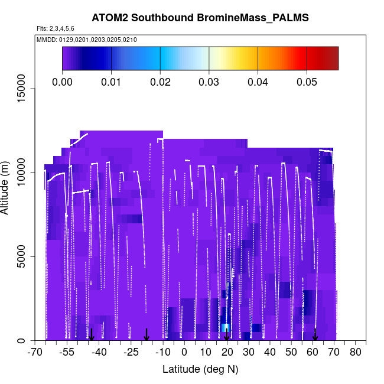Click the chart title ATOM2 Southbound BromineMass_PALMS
[x=200, y=18]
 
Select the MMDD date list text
[x=87, y=40]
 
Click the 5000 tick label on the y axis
[x=18, y=257]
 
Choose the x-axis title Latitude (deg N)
[x=200, y=369]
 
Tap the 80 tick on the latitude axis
[x=356, y=353]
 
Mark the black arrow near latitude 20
[x=227, y=334]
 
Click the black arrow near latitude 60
[x=315, y=334]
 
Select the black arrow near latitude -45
[x=92, y=334]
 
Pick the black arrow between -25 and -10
[x=147, y=334]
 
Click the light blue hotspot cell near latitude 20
[x=226, y=328]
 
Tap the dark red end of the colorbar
[x=333, y=58]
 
